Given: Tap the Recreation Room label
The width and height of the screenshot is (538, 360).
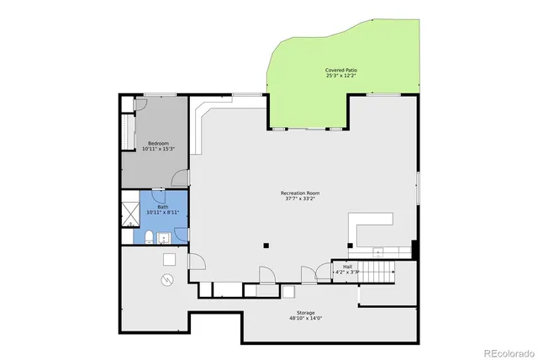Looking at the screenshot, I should coord(300,193).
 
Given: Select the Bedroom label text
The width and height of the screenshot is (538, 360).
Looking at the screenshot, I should coord(159,143).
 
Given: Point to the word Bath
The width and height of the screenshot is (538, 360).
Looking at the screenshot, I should coord(162,207).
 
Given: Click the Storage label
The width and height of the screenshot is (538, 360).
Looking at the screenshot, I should coord(305,313).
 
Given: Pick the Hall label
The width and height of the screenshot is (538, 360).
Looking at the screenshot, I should coord(347,267).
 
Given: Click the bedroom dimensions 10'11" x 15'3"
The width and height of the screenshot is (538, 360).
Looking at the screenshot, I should coord(159,150).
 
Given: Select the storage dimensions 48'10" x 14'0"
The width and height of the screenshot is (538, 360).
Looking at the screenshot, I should coord(305,319).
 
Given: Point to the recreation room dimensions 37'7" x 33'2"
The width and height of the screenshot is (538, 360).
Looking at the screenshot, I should coord(300,200).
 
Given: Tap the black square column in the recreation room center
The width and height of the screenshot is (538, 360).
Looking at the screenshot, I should coord(266,246).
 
